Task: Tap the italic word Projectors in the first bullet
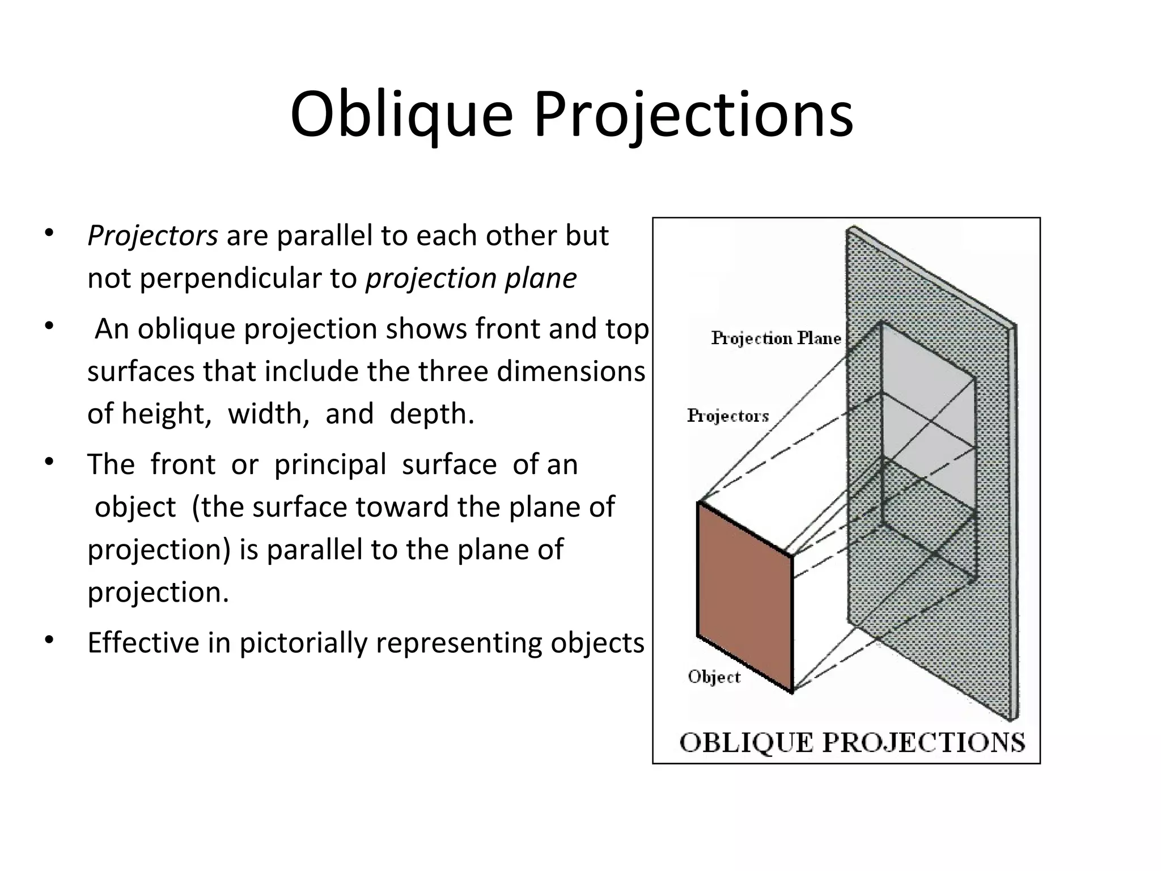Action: [152, 236]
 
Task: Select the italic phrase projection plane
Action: [471, 279]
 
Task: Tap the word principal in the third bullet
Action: [330, 465]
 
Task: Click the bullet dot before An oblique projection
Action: [49, 326]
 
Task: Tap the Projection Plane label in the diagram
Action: [776, 339]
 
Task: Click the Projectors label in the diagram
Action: [728, 416]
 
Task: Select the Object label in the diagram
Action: [714, 677]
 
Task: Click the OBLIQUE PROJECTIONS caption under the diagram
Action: [852, 743]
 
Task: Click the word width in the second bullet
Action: [268, 414]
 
